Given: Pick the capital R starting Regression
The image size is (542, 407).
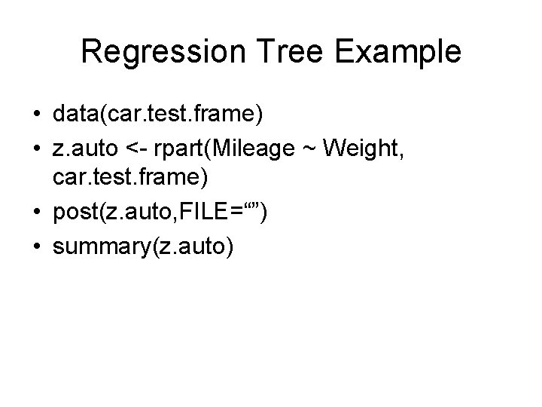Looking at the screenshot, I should (91, 53).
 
